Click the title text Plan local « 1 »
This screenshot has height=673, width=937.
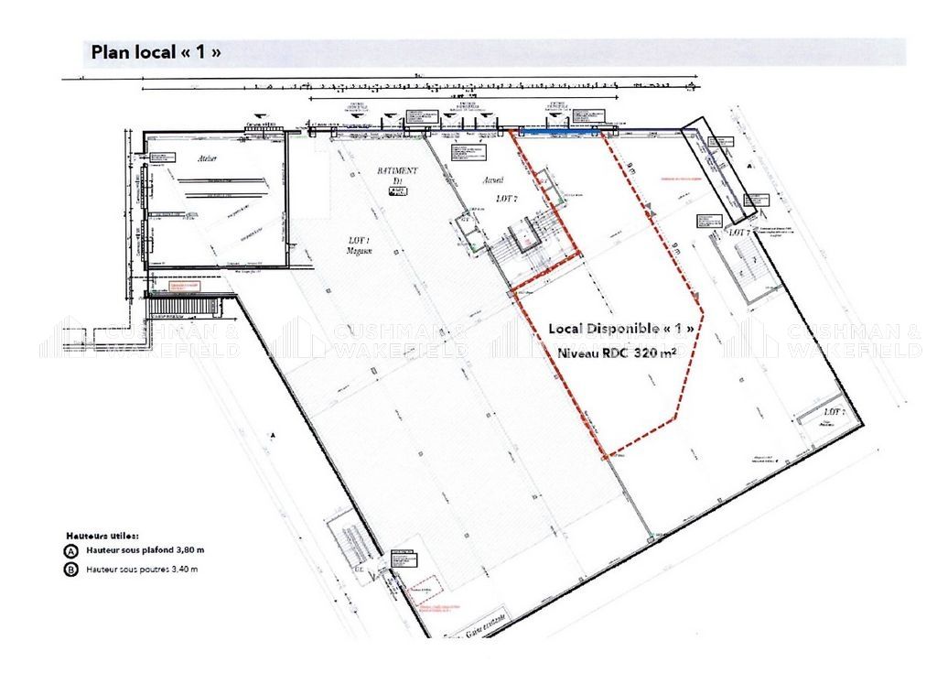(156, 52)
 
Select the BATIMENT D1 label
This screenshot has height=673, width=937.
(398, 176)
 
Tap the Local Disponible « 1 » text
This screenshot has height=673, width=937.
(627, 328)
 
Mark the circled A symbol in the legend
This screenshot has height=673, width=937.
(70, 551)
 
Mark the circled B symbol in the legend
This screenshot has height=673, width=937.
(70, 570)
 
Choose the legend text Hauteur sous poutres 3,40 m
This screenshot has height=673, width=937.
(143, 570)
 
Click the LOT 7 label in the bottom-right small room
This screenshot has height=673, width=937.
(829, 413)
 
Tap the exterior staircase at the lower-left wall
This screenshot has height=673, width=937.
(351, 541)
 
